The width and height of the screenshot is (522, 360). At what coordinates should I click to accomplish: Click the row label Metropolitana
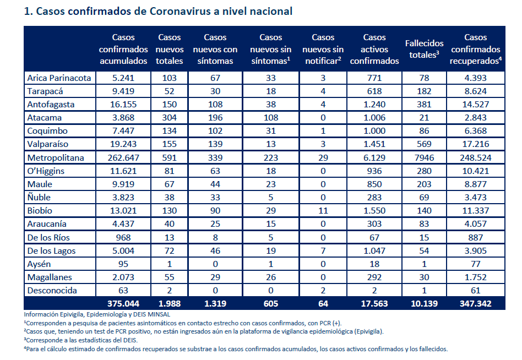point(56,158)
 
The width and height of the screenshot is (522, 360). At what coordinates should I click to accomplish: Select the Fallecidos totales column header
point(424,49)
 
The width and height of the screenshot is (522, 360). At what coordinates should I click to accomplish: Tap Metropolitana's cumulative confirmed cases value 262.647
point(123,158)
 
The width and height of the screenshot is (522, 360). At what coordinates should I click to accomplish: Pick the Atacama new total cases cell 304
point(169,118)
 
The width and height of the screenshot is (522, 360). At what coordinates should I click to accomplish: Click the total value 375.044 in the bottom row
point(123,304)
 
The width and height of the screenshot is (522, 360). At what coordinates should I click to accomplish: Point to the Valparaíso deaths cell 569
point(424,144)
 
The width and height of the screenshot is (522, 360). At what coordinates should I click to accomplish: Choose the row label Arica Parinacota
point(59,78)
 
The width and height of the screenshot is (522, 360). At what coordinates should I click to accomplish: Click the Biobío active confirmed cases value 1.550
point(374,211)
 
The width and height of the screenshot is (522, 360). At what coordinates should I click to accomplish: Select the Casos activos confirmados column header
point(374,49)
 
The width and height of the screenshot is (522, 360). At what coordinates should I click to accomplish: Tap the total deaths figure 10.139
point(424,304)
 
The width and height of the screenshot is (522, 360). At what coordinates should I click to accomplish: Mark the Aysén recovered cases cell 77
point(475,264)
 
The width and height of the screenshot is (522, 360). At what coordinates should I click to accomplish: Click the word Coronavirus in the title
point(180,12)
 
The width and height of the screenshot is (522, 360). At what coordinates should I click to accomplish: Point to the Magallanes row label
point(50,277)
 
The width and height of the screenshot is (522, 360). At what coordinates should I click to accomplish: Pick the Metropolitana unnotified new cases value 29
point(323,158)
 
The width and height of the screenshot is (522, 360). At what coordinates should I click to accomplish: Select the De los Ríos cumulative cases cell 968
point(123,238)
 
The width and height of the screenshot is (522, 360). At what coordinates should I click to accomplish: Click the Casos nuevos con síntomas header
point(215,49)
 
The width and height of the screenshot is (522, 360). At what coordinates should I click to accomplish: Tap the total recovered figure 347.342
point(475,304)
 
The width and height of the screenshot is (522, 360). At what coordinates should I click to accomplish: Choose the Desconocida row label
point(52,291)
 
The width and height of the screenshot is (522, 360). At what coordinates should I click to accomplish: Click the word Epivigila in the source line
point(72,314)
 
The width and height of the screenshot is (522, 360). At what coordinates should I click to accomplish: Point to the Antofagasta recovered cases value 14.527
point(475,105)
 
